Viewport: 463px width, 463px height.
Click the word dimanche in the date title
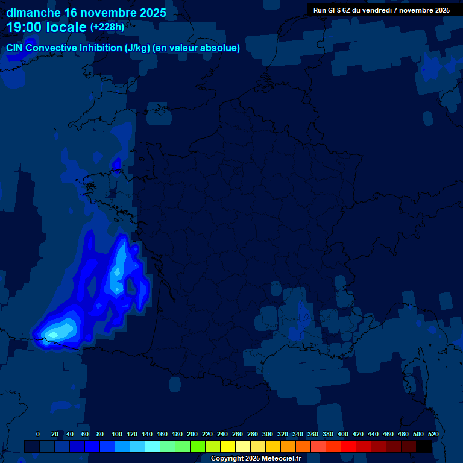click(33, 13)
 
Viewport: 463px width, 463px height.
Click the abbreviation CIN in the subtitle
click(14, 48)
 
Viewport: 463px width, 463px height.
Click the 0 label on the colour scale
click(38, 434)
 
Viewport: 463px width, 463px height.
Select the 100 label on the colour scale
click(117, 434)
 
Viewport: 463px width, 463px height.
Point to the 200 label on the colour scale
click(192, 434)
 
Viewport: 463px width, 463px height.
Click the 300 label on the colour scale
click(268, 434)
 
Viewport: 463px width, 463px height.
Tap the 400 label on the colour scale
click(343, 434)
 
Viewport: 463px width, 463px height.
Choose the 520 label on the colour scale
click(433, 434)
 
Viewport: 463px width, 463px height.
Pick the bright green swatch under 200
click(197, 446)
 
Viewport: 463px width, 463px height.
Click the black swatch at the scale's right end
click(423, 446)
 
